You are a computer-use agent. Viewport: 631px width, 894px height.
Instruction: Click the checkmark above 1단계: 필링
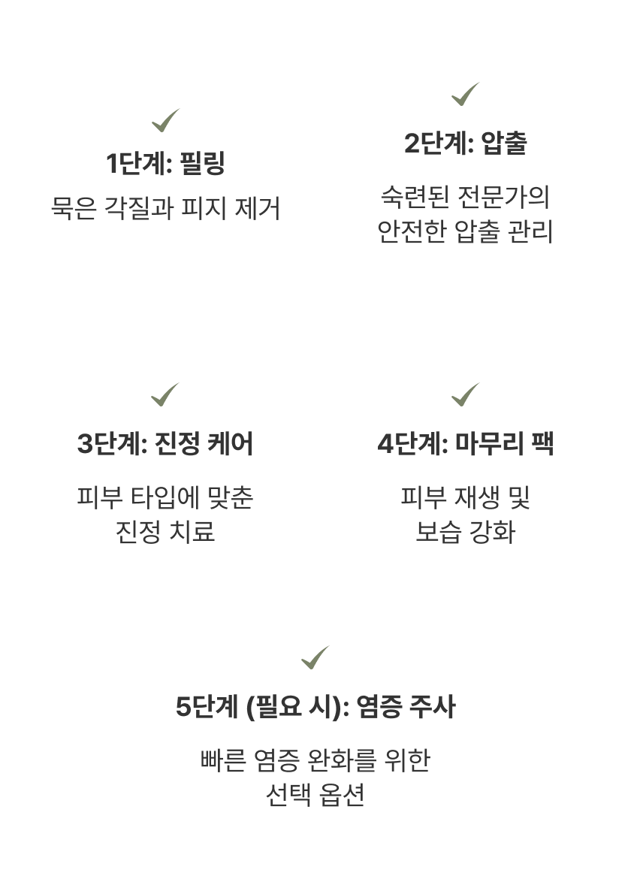165,119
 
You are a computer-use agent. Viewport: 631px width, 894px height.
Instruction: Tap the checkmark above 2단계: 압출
465,94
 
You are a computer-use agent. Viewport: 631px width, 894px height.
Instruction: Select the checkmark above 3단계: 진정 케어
165,394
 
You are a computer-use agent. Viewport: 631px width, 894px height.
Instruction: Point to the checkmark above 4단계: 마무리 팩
465,394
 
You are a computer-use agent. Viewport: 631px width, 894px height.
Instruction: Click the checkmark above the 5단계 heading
315,657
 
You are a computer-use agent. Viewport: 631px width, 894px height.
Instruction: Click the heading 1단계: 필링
165,163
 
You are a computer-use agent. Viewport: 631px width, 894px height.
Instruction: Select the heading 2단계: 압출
465,143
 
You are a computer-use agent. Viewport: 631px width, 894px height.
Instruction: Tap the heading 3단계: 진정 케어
165,444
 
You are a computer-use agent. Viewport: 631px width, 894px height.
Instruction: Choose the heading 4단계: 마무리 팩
465,444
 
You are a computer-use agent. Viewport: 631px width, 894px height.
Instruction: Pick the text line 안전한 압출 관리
465,232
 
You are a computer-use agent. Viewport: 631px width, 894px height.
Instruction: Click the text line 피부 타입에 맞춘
165,497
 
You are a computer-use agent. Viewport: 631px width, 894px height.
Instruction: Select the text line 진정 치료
165,531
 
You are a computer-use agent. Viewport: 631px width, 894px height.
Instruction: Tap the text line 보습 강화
465,531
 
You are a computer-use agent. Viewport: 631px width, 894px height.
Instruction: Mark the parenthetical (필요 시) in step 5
290,708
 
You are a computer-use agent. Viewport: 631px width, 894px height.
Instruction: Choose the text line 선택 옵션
315,794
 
